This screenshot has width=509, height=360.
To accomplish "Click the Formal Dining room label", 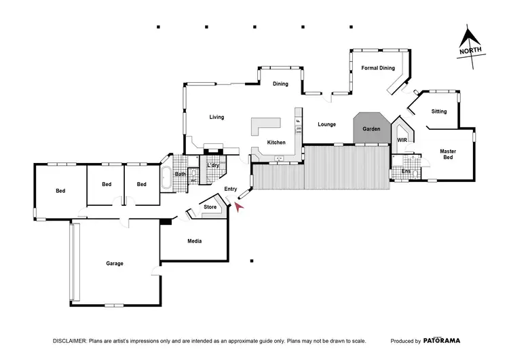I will [x=377, y=68].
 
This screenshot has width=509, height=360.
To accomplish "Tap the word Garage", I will [x=114, y=263].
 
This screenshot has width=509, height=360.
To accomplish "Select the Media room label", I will [x=194, y=241].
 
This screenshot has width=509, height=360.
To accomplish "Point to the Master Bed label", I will [x=447, y=154].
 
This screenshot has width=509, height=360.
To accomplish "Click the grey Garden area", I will [x=371, y=128].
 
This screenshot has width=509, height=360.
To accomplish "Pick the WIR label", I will [x=402, y=140].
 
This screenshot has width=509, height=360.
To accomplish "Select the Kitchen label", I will [x=276, y=143].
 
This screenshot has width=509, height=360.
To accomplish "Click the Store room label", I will [x=210, y=206].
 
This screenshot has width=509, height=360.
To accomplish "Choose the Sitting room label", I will [x=439, y=111].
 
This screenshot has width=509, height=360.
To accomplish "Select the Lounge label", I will [x=327, y=124].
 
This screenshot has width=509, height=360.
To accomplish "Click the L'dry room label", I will [x=213, y=166].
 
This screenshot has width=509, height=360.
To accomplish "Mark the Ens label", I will [x=406, y=171].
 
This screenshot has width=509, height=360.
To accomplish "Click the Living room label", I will [x=216, y=118].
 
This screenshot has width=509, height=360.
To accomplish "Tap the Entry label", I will [x=230, y=190].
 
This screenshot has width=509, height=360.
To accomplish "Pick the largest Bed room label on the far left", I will [x=60, y=191].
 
